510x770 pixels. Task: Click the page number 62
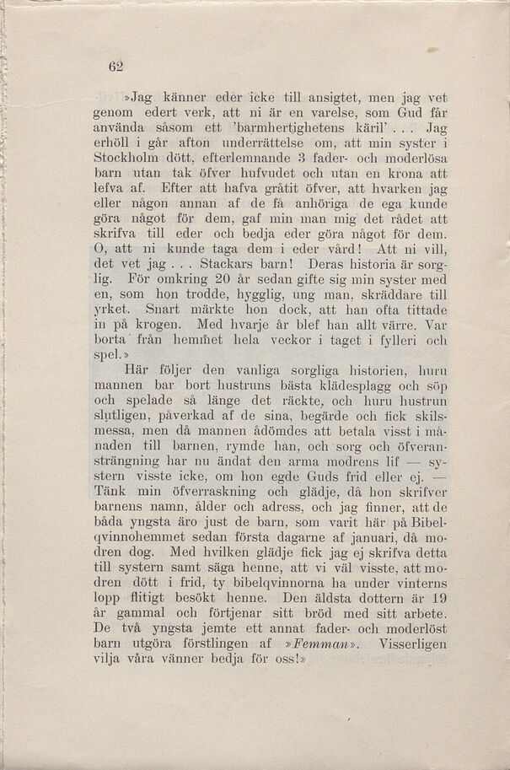(116, 67)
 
